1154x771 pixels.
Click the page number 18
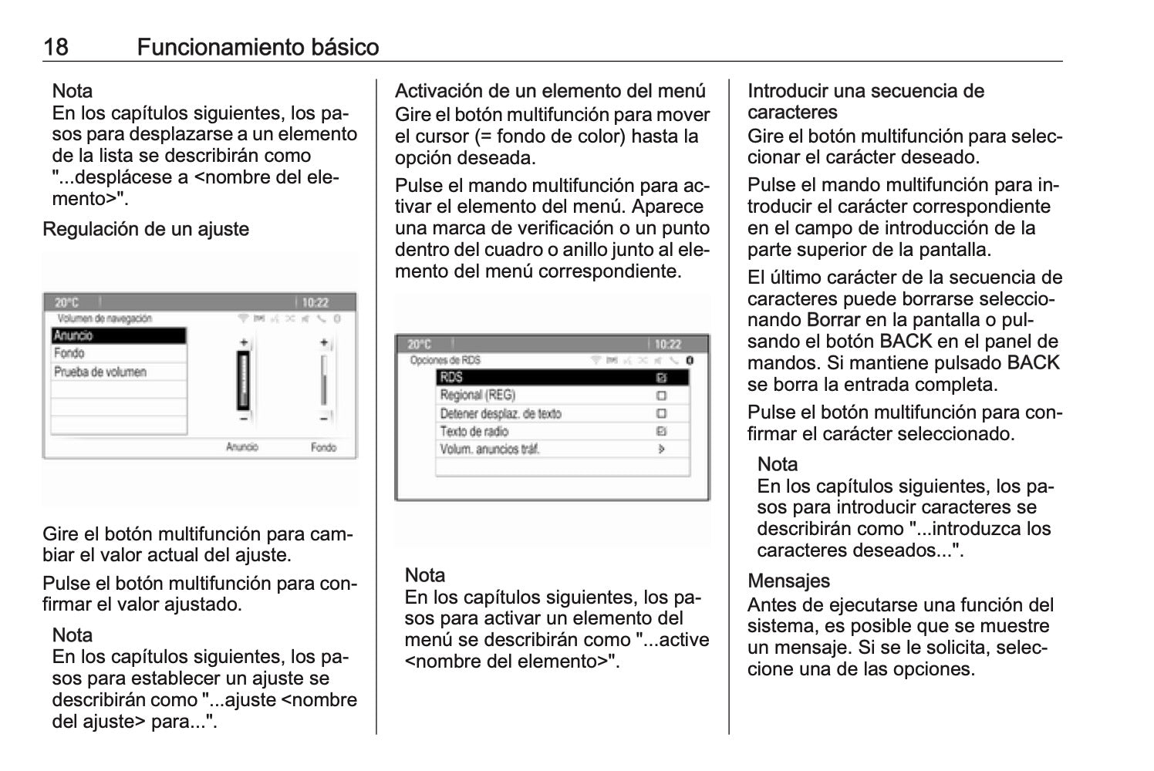click(x=56, y=48)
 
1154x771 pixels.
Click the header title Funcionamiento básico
click(x=258, y=48)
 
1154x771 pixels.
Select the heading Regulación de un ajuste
click(x=146, y=230)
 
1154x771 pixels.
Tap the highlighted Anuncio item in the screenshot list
click(x=119, y=336)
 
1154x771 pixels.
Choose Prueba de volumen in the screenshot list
click(x=100, y=372)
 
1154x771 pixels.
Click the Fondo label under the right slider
click(x=323, y=447)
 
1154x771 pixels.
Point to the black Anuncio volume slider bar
click(x=244, y=380)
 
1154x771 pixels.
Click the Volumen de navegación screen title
click(x=104, y=318)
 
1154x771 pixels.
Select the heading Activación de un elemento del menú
click(x=550, y=91)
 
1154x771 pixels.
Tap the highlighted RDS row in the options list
click(x=562, y=378)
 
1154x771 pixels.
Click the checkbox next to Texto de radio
click(x=661, y=432)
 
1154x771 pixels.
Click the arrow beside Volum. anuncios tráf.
click(x=661, y=449)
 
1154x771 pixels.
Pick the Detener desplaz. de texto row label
click(x=501, y=414)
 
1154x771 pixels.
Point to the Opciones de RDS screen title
click(x=444, y=360)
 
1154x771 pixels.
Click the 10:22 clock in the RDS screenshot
click(x=668, y=345)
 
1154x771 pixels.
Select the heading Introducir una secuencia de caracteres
click(x=865, y=102)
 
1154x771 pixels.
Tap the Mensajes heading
click(x=788, y=581)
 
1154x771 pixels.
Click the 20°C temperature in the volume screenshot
click(x=66, y=303)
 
